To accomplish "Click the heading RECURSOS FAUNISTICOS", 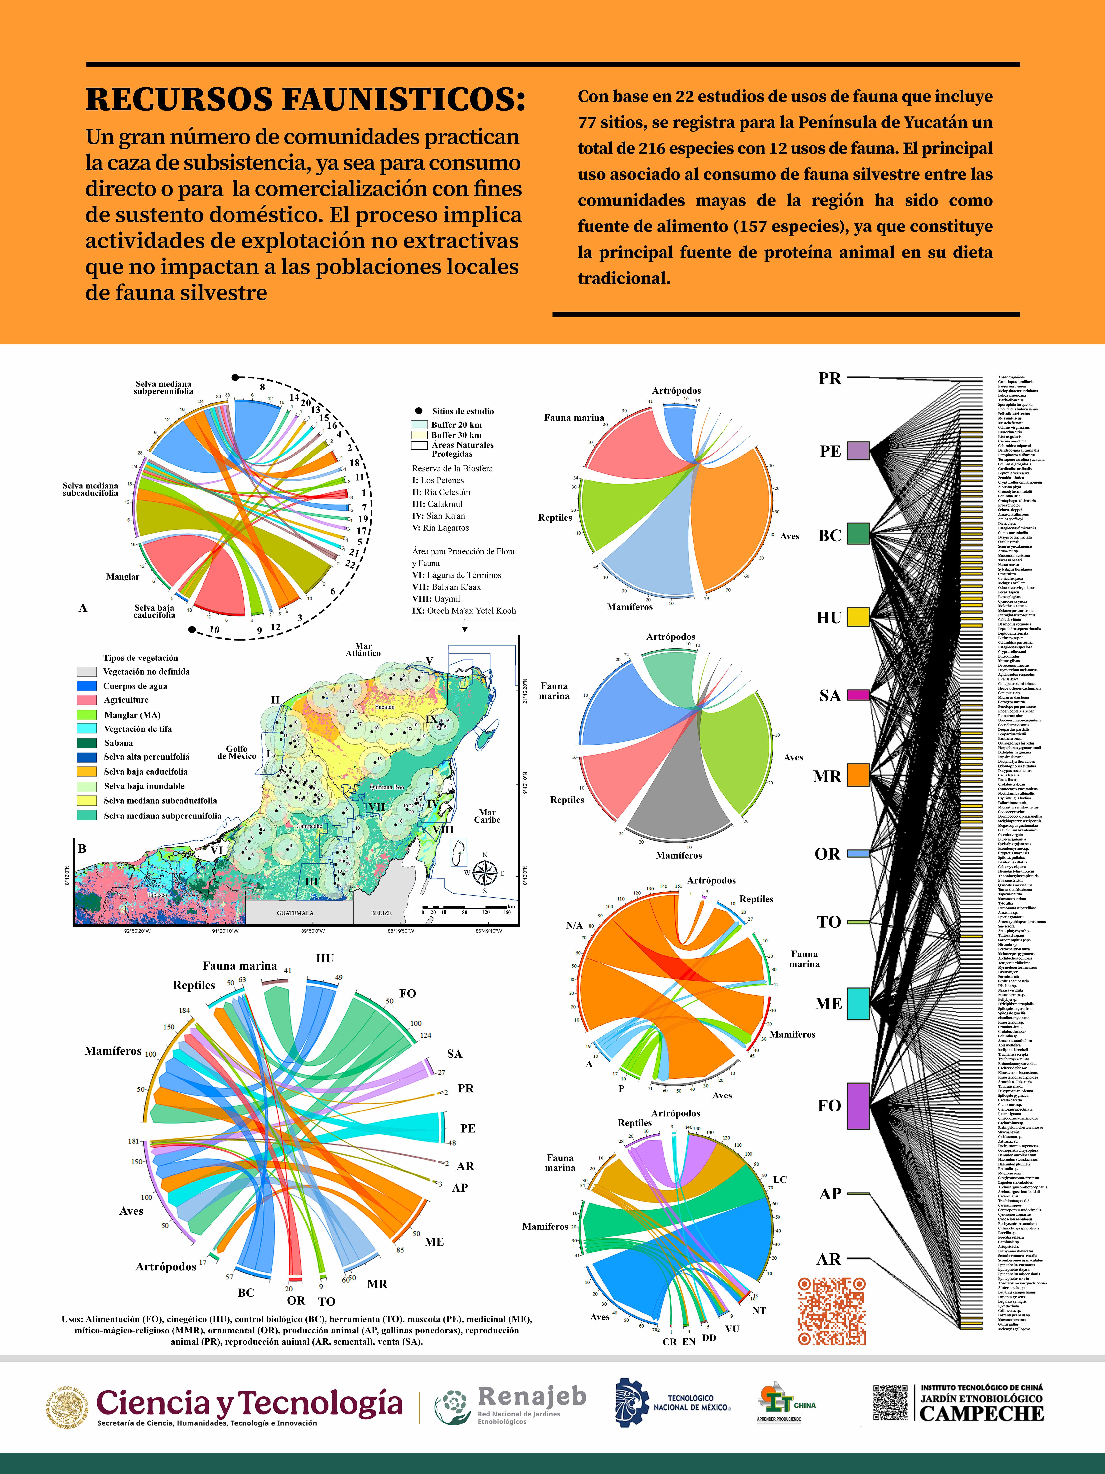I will (x=305, y=99).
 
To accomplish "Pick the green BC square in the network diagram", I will (x=858, y=534).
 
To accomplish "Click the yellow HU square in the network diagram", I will (x=858, y=617).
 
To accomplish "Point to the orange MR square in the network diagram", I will (x=858, y=776).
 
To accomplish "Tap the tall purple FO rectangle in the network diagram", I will (x=858, y=1106).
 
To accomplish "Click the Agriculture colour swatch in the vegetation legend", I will (x=87, y=700).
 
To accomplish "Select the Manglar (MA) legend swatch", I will (x=87, y=714).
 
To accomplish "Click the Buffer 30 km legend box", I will (x=419, y=435).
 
